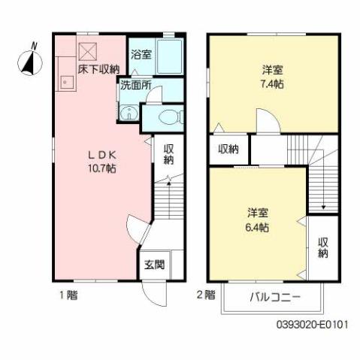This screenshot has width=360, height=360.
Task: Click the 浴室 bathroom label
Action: tap(141, 54)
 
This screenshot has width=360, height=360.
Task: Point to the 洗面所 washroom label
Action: tap(136, 86)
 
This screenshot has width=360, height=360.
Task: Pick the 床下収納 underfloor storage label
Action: tap(98, 70)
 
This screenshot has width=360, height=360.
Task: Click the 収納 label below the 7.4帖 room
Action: tap(228, 150)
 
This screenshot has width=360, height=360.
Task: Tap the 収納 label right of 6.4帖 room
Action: tap(322, 248)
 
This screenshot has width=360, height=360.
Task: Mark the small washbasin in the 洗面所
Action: tap(129, 114)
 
